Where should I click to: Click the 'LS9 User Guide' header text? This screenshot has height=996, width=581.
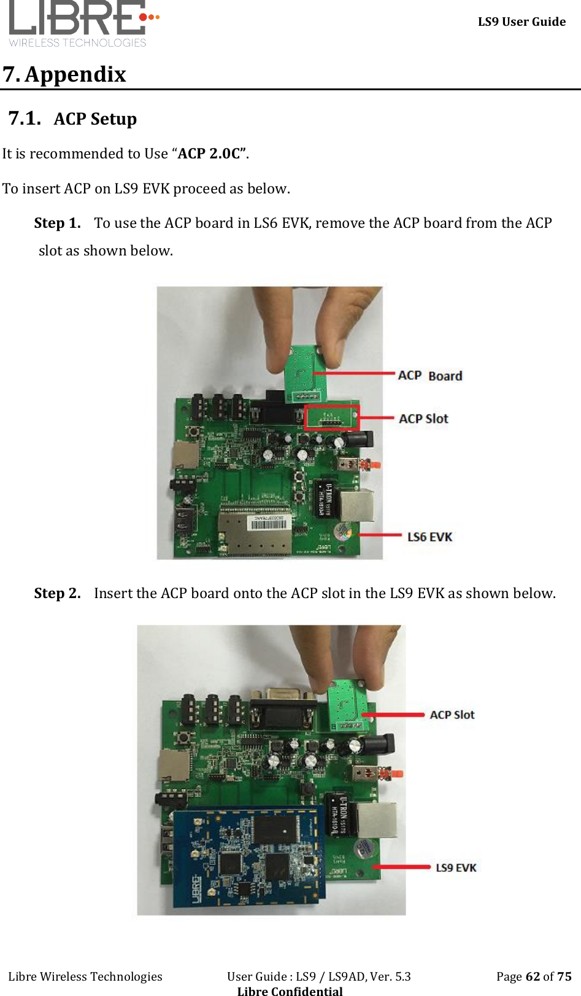tap(521, 22)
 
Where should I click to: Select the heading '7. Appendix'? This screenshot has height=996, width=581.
tap(64, 74)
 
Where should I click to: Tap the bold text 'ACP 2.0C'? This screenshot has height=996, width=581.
tap(209, 154)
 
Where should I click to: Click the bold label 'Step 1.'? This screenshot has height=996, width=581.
tap(57, 223)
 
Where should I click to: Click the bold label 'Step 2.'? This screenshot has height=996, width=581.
tap(57, 593)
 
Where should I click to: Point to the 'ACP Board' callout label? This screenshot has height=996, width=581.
tap(429, 376)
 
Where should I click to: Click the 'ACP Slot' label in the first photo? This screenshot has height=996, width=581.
tap(423, 419)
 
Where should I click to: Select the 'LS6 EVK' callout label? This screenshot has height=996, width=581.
tap(429, 537)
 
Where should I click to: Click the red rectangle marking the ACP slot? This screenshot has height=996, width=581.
tap(332, 418)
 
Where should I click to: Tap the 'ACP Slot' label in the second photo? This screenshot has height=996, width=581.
tap(452, 715)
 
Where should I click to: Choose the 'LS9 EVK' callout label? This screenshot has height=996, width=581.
tap(456, 868)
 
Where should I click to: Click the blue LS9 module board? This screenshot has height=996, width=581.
tap(245, 857)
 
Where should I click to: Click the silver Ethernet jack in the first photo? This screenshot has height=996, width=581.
tap(357, 505)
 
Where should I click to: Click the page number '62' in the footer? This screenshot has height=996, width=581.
tap(533, 976)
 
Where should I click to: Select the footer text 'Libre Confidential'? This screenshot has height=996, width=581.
tap(290, 990)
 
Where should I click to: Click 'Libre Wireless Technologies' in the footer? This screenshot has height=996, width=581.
tap(85, 976)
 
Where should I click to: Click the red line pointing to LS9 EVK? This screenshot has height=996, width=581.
tap(402, 867)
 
